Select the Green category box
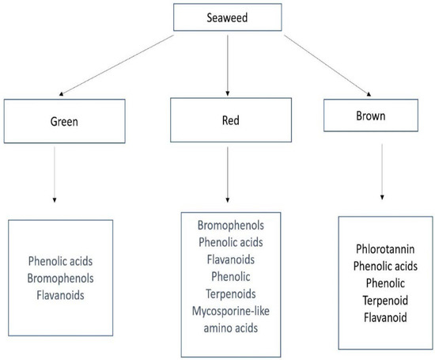(x=55, y=123)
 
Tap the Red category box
(x=227, y=123)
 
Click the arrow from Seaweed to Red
(x=227, y=66)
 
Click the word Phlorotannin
(x=386, y=249)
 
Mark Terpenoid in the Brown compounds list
(x=386, y=299)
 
